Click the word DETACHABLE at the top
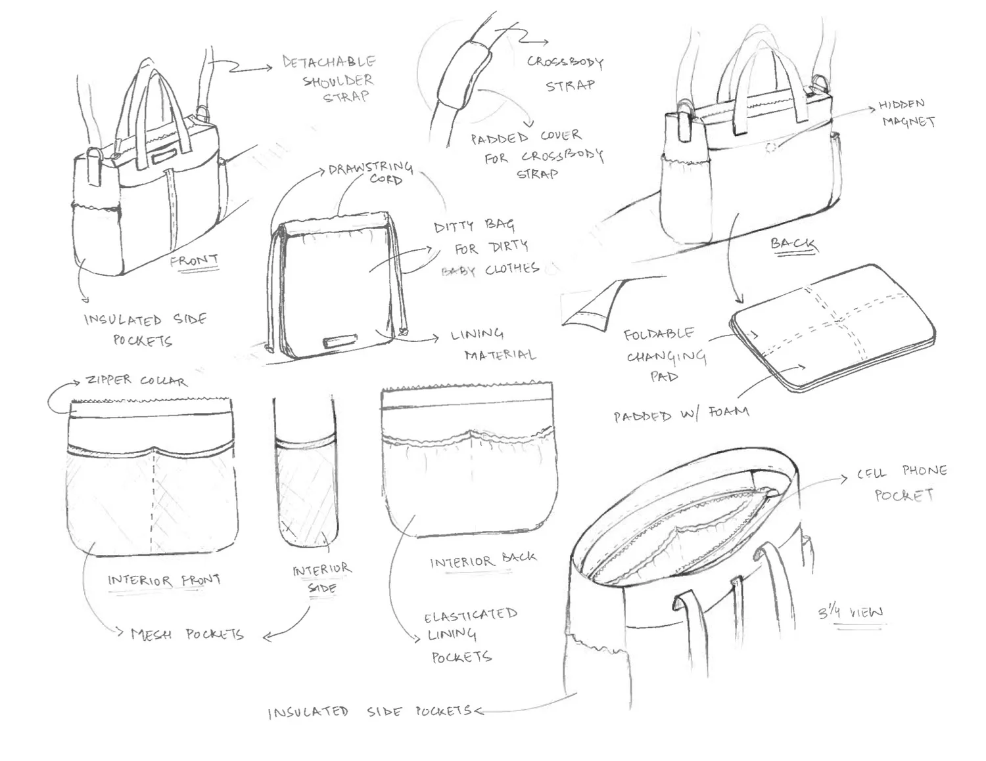coord(329,62)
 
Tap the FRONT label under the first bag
coord(194,261)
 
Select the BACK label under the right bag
coord(794,244)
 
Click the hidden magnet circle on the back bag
coord(771,148)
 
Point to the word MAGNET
coord(908,121)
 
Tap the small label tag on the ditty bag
coord(339,341)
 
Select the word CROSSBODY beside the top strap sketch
coord(565,62)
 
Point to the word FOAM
coord(728,412)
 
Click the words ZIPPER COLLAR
coord(136,381)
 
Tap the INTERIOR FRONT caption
coord(164,580)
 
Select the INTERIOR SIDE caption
coord(321,578)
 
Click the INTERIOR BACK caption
coord(483,561)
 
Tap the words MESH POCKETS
coord(187,634)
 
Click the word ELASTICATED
coord(471,616)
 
